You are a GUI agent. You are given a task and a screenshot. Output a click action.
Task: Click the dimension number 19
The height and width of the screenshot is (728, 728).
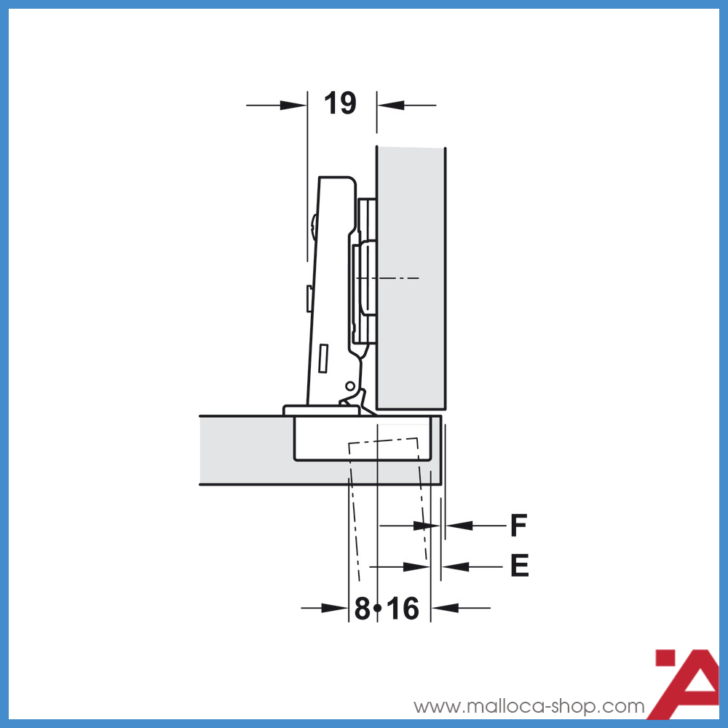[340, 103]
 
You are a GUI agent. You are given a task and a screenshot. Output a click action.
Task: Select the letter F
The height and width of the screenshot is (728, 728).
[518, 525]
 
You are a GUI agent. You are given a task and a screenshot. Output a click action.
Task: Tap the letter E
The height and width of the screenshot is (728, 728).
[519, 566]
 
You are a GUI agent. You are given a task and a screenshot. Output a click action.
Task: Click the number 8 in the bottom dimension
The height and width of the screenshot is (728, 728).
[362, 609]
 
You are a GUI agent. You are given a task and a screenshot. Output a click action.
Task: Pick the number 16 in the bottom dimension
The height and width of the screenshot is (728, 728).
[403, 609]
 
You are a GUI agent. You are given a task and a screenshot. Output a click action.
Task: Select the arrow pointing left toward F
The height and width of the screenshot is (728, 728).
[459, 525]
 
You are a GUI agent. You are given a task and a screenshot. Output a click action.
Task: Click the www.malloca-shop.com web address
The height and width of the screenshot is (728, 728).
[529, 706]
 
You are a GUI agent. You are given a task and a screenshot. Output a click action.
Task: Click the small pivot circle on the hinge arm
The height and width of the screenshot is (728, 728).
[349, 386]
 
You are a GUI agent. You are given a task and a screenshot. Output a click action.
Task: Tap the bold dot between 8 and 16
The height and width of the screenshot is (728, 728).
[378, 607]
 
